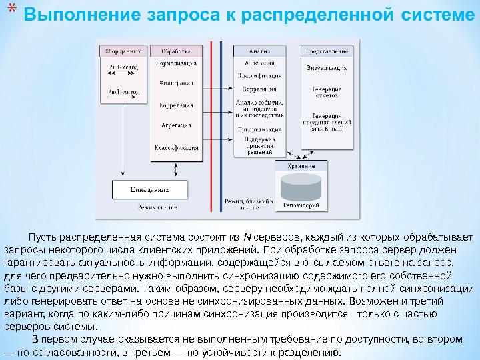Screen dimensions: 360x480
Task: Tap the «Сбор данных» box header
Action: click(121, 51)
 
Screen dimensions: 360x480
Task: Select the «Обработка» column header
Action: click(175, 51)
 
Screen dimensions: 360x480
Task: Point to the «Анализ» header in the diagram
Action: click(259, 51)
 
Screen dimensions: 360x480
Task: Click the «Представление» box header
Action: click(327, 51)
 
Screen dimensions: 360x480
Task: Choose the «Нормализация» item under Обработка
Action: click(176, 63)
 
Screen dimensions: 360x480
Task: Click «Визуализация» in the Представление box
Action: click(327, 68)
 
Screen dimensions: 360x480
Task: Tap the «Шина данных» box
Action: click(145, 190)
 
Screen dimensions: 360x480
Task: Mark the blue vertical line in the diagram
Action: click(222, 127)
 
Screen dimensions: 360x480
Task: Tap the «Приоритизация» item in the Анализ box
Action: click(259, 130)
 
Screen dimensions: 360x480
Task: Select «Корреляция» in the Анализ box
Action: click(259, 88)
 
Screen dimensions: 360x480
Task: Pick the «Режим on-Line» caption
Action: click(155, 207)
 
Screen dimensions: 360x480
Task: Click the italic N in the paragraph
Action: click(247, 237)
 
